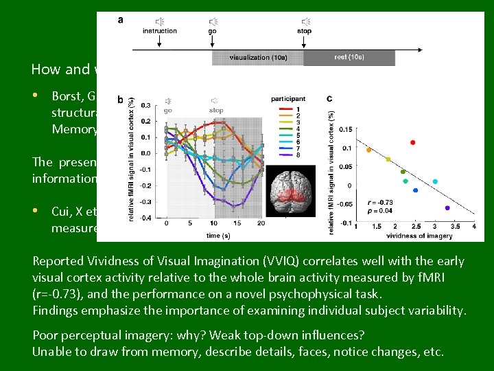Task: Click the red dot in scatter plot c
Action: click(x=413, y=142)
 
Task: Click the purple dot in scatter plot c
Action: click(x=447, y=207)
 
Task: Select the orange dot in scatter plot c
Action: click(x=368, y=150)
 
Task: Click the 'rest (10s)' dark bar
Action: click(x=349, y=57)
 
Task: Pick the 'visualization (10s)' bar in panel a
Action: click(x=257, y=57)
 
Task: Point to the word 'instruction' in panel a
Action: click(x=159, y=31)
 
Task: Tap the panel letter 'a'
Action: click(x=121, y=19)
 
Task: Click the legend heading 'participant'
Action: click(x=288, y=100)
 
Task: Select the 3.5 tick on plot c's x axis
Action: click(x=454, y=226)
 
